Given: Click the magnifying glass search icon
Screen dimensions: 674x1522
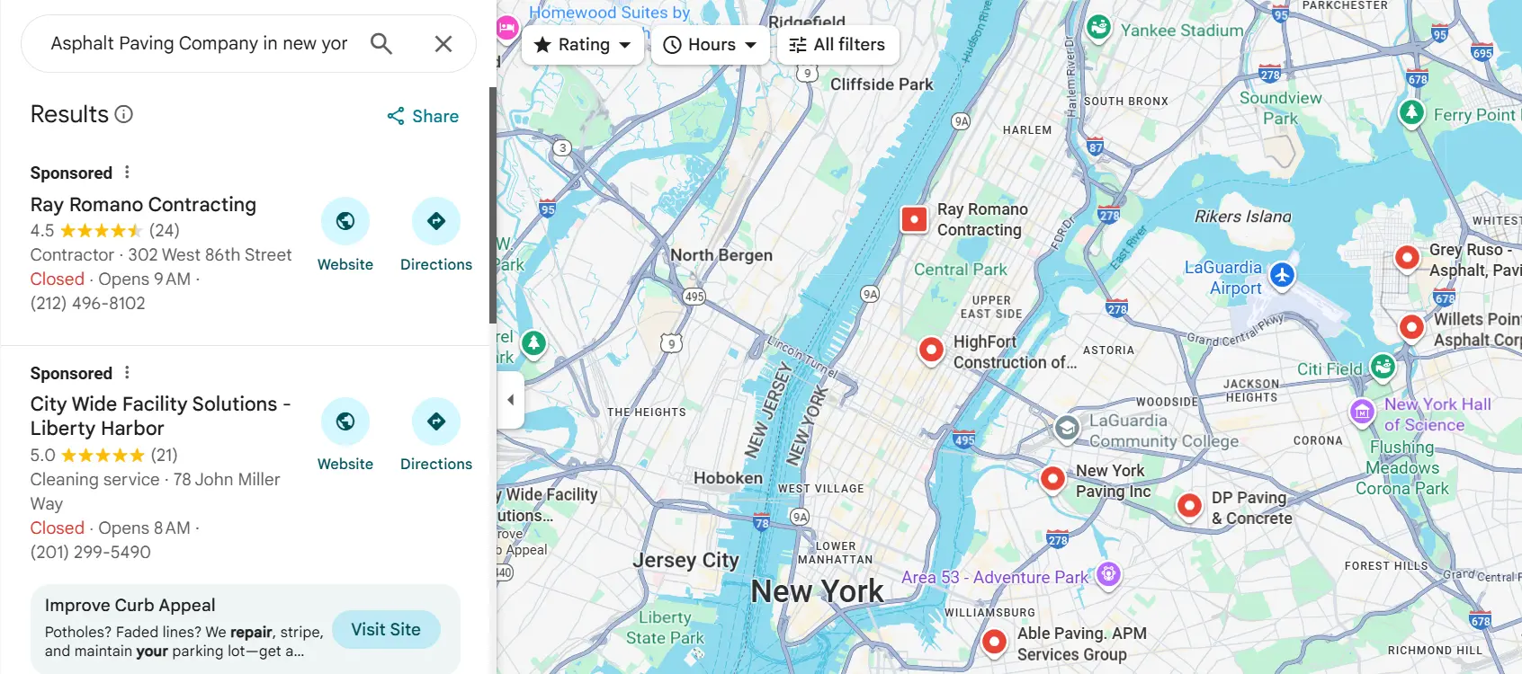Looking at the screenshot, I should (x=381, y=44).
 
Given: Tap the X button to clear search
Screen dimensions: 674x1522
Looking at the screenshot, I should (x=443, y=44).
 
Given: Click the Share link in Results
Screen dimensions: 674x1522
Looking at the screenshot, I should (x=423, y=116).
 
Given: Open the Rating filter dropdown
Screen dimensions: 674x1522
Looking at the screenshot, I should (x=583, y=45).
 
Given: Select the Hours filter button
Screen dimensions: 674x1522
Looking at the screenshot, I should (x=710, y=45).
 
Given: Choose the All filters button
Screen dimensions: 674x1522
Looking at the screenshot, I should (x=837, y=45).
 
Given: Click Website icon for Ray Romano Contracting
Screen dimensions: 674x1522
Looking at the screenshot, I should (x=345, y=221).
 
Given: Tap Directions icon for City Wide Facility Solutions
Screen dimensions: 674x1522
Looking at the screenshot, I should (x=436, y=421).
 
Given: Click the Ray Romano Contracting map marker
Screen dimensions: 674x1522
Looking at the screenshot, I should (x=914, y=219).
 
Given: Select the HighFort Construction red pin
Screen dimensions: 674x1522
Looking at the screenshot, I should (x=931, y=349).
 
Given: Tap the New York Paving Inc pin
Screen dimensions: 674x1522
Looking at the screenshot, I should (x=1052, y=477).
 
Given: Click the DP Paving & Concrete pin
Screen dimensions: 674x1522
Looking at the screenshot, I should (x=1189, y=506).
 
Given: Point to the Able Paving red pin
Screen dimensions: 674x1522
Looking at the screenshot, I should (x=994, y=642).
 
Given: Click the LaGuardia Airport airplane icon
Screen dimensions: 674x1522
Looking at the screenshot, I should (x=1282, y=274).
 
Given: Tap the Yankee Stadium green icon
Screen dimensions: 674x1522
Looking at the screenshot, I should (x=1098, y=27).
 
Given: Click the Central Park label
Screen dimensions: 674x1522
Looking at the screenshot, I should (x=960, y=270).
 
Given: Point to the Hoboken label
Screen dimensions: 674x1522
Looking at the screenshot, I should (x=728, y=478).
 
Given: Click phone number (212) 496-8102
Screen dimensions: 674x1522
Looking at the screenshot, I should (x=88, y=304).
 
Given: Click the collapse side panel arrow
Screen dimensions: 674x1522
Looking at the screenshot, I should (x=510, y=400).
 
